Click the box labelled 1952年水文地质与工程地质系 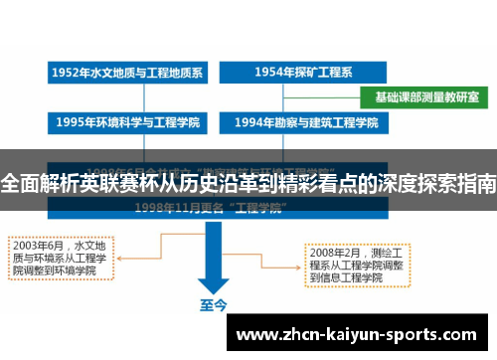[126, 74]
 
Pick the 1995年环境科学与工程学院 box [126, 123]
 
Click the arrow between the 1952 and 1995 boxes [126, 98]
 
